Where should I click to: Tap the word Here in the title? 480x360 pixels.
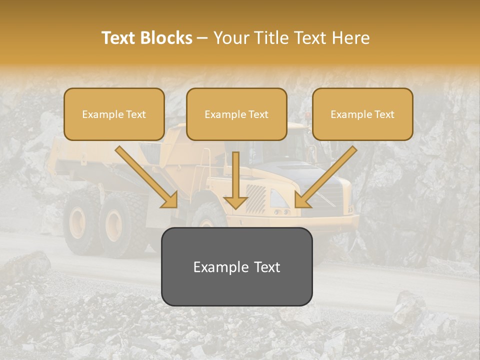pos(349,38)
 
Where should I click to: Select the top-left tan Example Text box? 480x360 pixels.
pos(114,114)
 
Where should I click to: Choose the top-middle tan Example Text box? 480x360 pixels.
pos(236,114)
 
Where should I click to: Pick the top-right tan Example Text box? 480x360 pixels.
pos(362,114)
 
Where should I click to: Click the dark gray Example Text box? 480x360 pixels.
pos(236,266)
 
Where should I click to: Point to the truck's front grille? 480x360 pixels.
pos(256,199)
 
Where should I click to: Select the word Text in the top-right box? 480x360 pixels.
pos(384,114)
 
